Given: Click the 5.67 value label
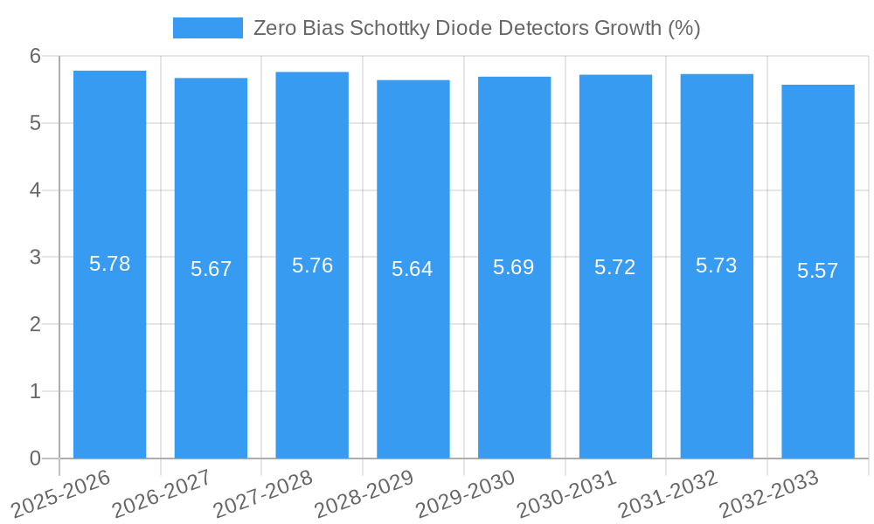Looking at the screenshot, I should tap(212, 269).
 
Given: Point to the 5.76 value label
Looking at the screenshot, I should tap(312, 265).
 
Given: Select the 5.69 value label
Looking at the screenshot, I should tap(514, 267).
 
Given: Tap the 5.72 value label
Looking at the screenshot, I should tap(615, 267).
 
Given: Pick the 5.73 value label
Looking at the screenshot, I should tap(717, 266).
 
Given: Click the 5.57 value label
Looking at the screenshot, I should tap(818, 271).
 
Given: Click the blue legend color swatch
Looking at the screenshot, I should tap(208, 28).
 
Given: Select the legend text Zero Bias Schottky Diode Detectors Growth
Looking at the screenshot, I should tap(476, 28).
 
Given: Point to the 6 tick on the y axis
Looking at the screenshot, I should tap(36, 56).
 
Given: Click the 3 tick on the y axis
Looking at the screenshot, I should tap(36, 258).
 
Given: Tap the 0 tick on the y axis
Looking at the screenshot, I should tap(36, 458).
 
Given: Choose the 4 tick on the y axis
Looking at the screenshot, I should tap(36, 190).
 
